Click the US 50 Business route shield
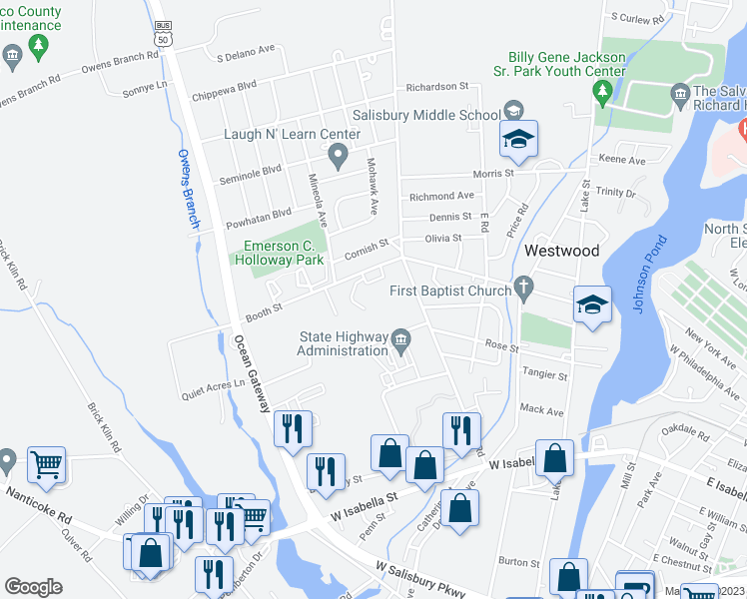pos(162,33)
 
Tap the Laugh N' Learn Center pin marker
pos(339,155)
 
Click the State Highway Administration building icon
pos(401,340)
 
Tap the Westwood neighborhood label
pos(562,251)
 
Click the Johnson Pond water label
pos(650,275)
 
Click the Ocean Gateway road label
pos(253,372)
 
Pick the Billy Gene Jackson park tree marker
pos(602,93)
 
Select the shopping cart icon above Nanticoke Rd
pos(46,463)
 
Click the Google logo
pos(33,587)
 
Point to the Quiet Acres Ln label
pos(213,389)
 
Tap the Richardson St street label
pos(436,87)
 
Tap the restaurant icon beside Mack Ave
pos(461,429)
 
